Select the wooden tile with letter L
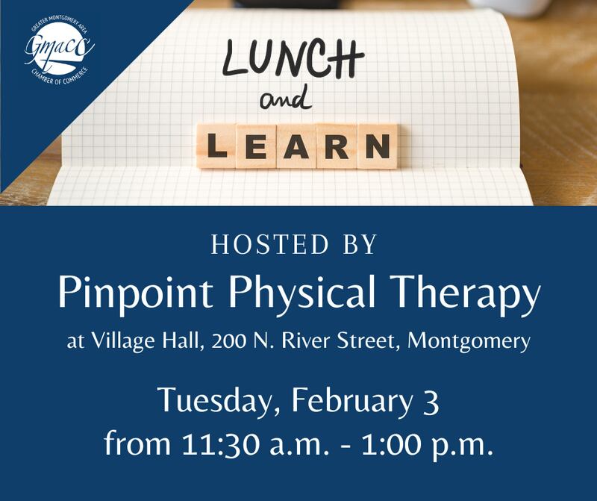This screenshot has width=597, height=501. [x=217, y=146]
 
